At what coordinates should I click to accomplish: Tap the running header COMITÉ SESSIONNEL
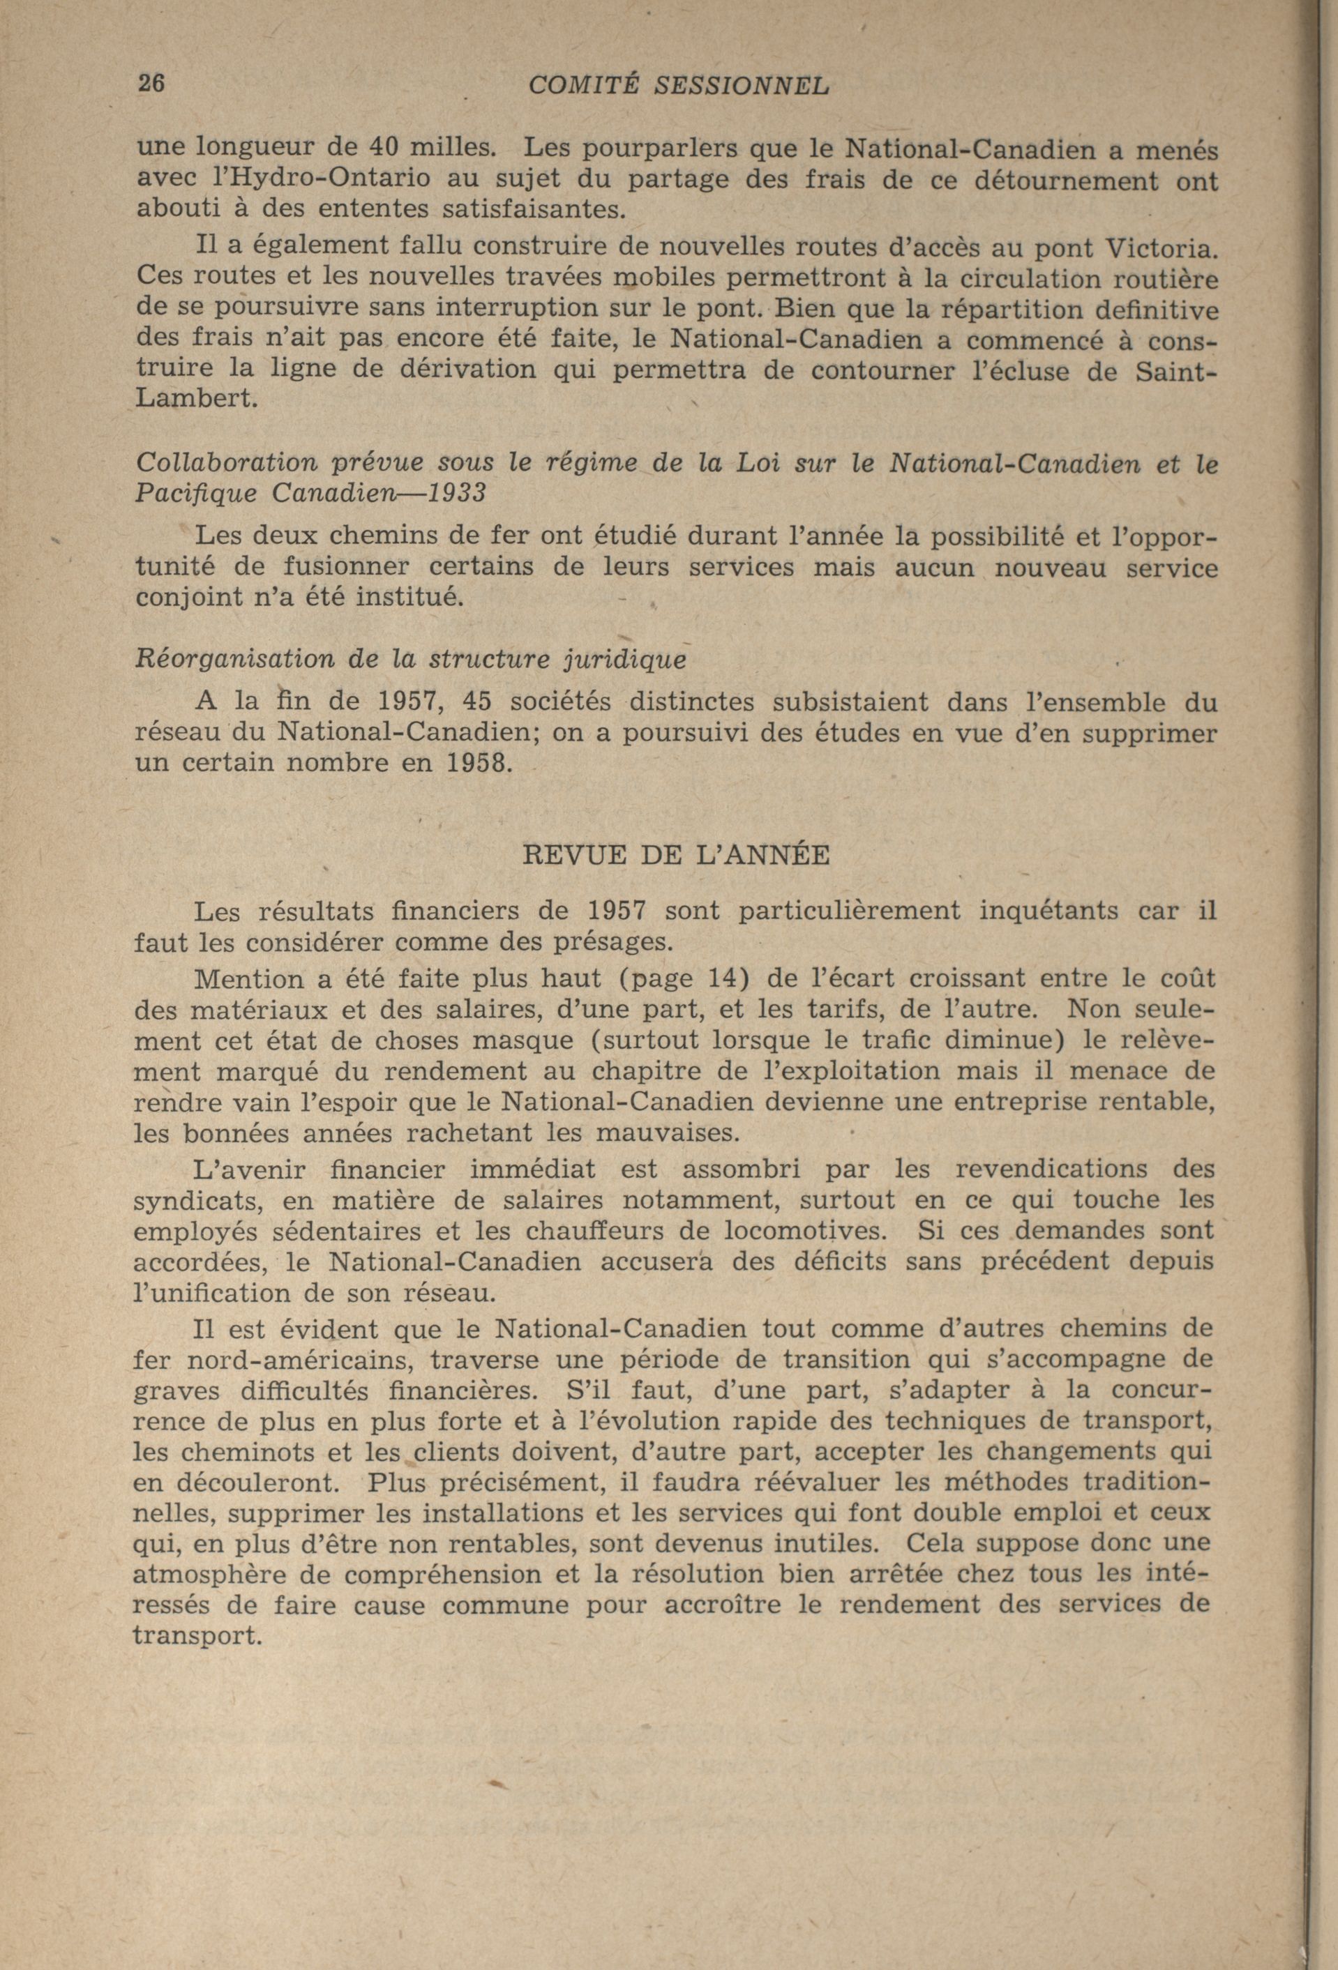tap(677, 86)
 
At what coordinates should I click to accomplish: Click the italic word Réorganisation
tap(233, 660)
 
